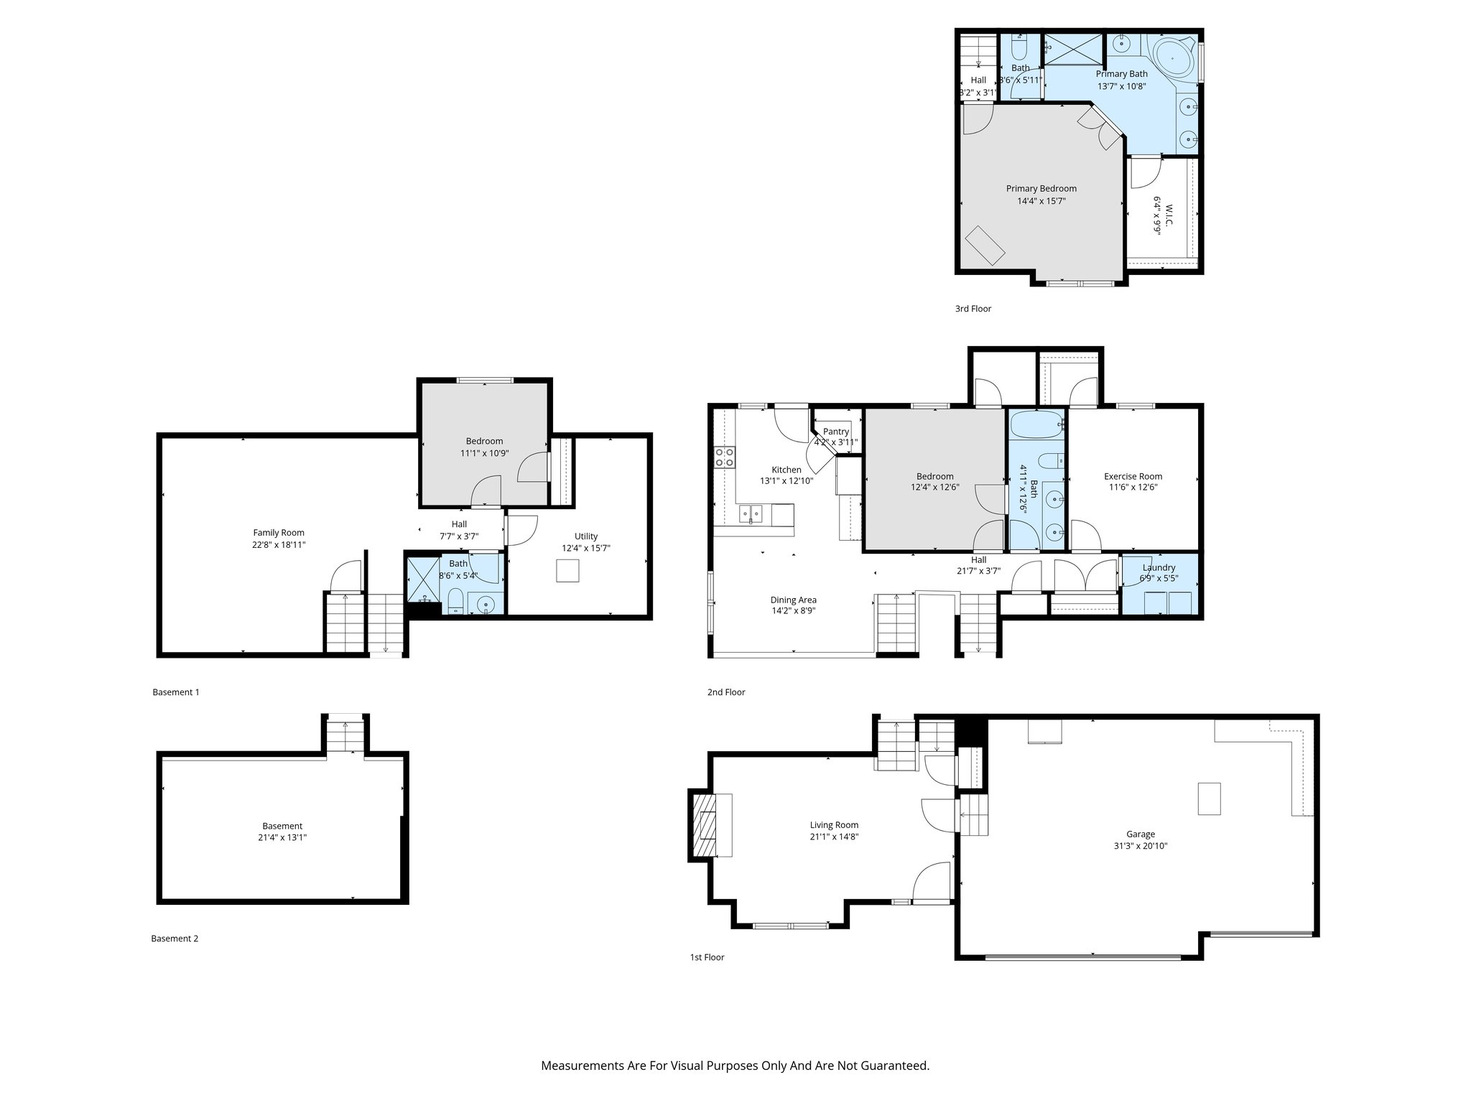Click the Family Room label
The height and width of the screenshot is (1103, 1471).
[279, 533]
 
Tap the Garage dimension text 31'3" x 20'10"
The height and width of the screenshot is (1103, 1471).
[1140, 846]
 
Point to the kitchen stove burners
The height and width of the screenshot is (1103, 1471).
[724, 457]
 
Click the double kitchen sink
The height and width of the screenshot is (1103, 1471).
[752, 513]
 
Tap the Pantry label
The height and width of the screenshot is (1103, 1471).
[835, 432]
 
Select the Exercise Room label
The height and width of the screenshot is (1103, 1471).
[1133, 476]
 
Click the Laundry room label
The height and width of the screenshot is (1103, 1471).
[1158, 567]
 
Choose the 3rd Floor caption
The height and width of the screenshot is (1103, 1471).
[973, 309]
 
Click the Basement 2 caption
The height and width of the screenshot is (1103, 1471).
[175, 939]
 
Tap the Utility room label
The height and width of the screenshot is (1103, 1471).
[585, 536]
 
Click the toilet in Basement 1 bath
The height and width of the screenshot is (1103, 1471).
[455, 600]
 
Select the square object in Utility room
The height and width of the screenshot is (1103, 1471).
[567, 570]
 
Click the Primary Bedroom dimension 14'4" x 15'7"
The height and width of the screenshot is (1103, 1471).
[1041, 201]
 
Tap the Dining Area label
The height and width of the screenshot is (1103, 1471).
[793, 600]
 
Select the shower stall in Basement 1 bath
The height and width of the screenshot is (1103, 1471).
[422, 578]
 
